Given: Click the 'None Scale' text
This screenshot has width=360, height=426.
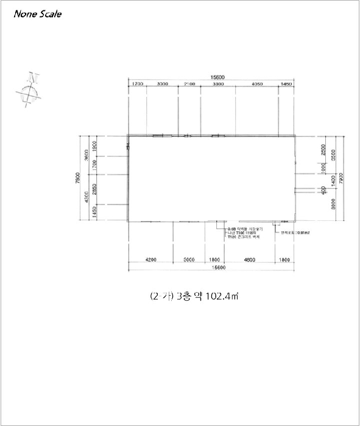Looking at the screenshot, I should [38, 14].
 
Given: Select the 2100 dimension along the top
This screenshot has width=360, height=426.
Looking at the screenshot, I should [189, 83].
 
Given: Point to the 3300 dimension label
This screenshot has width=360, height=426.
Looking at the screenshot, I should [217, 83].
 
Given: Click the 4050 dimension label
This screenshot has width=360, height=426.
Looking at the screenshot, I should [256, 83].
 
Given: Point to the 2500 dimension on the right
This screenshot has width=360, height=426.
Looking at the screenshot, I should [323, 150].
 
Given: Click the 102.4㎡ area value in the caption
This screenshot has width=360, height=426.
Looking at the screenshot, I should [222, 297].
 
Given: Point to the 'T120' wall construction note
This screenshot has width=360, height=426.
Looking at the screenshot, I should [231, 237].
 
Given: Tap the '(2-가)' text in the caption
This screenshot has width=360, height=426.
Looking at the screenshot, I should [161, 297].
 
